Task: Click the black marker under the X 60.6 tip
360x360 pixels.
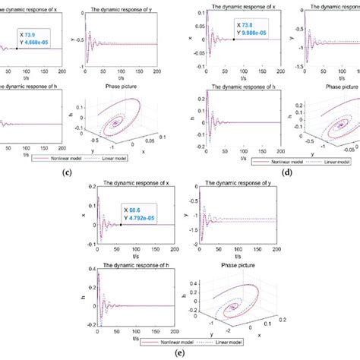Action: [x=121, y=225]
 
